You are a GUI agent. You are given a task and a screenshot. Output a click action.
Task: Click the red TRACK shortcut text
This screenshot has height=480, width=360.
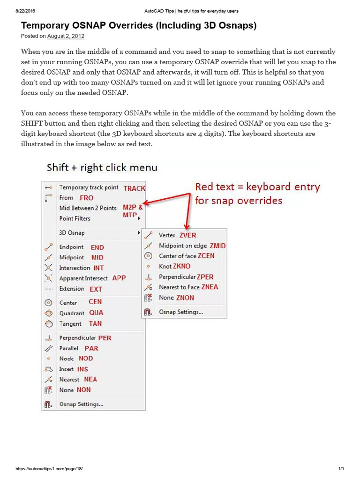pos(135,188)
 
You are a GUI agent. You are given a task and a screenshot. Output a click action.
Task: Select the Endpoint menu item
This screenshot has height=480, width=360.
pos(71,247)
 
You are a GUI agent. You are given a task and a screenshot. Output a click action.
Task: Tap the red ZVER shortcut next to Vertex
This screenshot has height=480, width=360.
pos(187,235)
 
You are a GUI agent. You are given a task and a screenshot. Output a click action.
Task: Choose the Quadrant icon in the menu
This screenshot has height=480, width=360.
pos(48,313)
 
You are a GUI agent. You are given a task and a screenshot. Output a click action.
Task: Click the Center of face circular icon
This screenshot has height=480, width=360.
pos(148,256)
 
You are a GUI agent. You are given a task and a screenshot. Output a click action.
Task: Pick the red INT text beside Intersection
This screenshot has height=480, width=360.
pos(98,268)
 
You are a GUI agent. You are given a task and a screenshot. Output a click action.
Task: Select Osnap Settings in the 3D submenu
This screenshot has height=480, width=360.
pos(181,312)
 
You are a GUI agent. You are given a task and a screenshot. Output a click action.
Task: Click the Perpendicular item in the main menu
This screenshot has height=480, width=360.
pos(77,338)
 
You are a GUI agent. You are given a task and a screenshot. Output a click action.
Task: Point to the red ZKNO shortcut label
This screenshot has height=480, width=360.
pos(182,266)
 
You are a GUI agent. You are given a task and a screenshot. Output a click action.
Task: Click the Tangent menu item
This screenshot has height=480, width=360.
pos(70,324)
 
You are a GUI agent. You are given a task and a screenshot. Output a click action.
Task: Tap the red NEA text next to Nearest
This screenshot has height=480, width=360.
pos(90,379)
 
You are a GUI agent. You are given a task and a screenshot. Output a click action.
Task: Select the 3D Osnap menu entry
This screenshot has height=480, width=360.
pos(72,233)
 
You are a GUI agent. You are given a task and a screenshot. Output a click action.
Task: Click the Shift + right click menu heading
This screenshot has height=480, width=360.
pos(102,167)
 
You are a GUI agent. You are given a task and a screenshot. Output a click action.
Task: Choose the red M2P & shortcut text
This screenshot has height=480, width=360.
pos(133,207)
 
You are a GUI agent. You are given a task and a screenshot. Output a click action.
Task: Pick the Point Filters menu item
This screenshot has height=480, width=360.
pos(75,218)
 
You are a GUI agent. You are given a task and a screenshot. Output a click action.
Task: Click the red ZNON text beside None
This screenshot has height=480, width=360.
pos(185,298)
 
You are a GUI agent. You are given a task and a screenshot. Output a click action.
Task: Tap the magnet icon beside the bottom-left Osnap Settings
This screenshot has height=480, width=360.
pos(48,404)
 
